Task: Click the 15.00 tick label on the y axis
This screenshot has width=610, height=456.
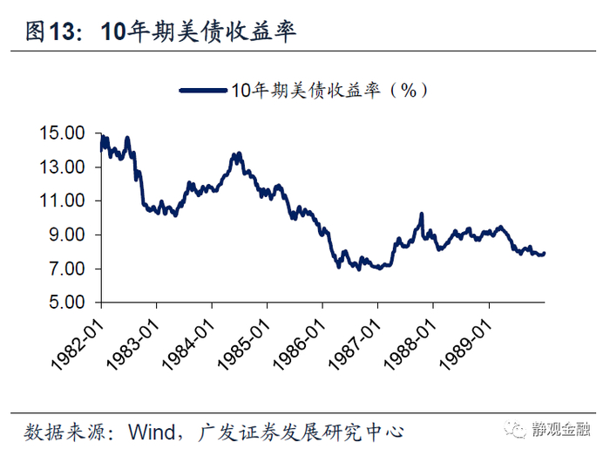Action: [x=62, y=133]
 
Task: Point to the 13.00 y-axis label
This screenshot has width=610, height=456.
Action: [x=62, y=167]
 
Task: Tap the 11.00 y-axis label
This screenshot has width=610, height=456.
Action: [x=62, y=201]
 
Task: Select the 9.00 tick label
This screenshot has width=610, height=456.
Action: [x=66, y=235]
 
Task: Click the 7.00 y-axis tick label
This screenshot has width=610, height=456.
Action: [x=66, y=269]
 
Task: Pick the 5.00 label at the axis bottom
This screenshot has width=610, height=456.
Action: [x=66, y=303]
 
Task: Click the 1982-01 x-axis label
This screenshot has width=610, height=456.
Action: [x=78, y=345]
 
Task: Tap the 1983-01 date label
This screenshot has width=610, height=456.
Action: [x=133, y=345]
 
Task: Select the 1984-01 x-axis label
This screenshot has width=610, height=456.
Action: [x=189, y=345]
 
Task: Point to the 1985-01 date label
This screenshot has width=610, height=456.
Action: [x=244, y=345]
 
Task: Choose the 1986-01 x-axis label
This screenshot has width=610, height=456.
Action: [x=300, y=345]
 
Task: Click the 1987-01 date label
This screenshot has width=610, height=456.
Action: [x=356, y=345]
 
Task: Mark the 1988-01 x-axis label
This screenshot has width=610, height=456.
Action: [x=410, y=345]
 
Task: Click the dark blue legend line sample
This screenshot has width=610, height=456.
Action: [x=203, y=91]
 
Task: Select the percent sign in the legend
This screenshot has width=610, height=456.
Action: [x=409, y=91]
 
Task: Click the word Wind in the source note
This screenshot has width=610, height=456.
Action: [x=152, y=432]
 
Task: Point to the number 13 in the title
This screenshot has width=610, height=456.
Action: [x=61, y=31]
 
